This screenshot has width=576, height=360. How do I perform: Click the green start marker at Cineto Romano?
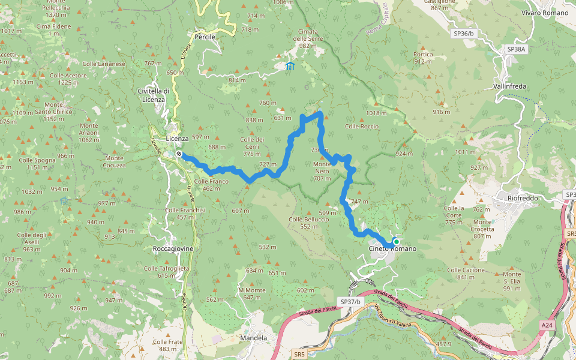coord(396,242)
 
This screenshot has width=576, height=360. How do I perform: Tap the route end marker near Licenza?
coord(179,154)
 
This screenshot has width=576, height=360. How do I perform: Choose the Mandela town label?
coord(253,338)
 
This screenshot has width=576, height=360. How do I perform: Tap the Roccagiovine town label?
coord(173,248)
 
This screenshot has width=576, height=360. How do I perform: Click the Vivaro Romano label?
coord(544,13)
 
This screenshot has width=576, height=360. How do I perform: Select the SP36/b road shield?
coord(464,34)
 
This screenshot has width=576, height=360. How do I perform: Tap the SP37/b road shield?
coord(350,302)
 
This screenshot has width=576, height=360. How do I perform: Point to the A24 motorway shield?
coord(545,325)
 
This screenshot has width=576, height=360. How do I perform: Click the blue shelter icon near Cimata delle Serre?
coord(290,66)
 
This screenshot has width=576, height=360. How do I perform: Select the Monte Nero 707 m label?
coord(322,171)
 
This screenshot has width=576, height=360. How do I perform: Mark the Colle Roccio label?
coord(362,127)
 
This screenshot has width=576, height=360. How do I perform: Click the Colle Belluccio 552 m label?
coord(308,223)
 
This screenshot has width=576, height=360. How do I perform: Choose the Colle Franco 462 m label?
coord(211,184)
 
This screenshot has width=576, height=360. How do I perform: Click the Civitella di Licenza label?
coord(154,95)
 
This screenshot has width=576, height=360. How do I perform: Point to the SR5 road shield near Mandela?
coord(299,355)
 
